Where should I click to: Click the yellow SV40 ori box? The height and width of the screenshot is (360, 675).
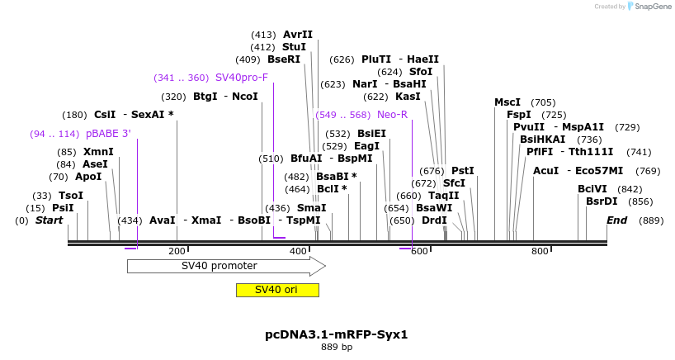click(276, 290)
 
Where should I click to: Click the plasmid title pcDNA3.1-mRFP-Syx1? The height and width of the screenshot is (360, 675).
click(337, 334)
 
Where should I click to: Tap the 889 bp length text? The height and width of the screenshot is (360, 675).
click(337, 348)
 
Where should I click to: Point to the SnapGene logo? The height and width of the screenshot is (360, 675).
click(651, 7)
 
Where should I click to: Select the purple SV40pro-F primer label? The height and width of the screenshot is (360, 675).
click(242, 78)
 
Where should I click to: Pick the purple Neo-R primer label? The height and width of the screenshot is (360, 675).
click(392, 115)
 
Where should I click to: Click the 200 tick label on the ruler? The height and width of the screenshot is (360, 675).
click(177, 251)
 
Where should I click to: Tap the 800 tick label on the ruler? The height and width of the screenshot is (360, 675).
click(540, 251)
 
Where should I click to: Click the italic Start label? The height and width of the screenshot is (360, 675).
click(49, 220)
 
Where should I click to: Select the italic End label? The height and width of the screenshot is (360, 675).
click(617, 220)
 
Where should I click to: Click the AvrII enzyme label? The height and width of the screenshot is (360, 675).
click(298, 35)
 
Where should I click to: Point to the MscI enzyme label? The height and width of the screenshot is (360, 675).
click(507, 102)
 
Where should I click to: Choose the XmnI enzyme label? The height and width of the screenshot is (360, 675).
click(98, 152)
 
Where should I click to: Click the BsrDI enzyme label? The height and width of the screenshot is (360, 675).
click(602, 201)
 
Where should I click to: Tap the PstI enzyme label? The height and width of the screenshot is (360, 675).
click(463, 171)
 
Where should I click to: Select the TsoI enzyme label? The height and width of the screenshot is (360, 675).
click(70, 196)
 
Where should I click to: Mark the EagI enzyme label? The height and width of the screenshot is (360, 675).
click(367, 146)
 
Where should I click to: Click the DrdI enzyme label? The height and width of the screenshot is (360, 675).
click(434, 220)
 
